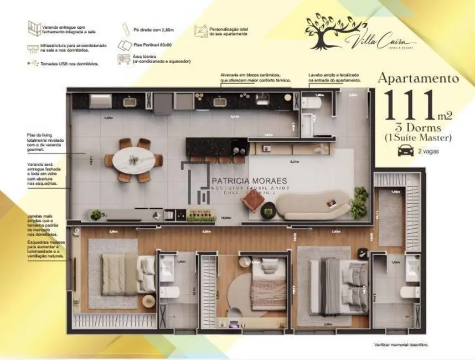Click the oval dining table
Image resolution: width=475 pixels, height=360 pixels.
click(133, 160)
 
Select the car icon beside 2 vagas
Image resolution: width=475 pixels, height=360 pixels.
click(406, 150)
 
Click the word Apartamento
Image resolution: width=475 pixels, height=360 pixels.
click(418, 78)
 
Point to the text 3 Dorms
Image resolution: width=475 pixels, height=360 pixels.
click(418, 127)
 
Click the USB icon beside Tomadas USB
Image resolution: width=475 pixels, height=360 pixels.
click(34, 64)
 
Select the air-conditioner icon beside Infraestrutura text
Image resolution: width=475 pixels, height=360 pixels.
click(34, 48)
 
